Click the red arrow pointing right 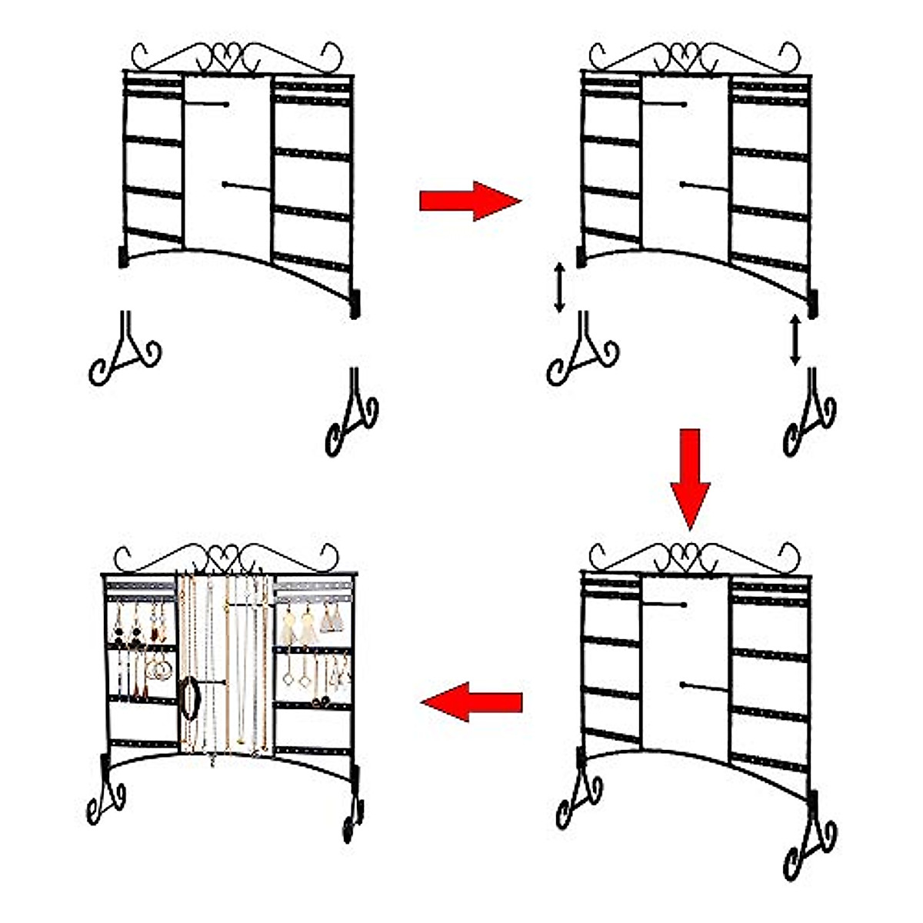(x=470, y=201)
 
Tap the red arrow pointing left (x=471, y=701)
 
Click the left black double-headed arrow (x=560, y=288)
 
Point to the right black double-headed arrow (x=795, y=340)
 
